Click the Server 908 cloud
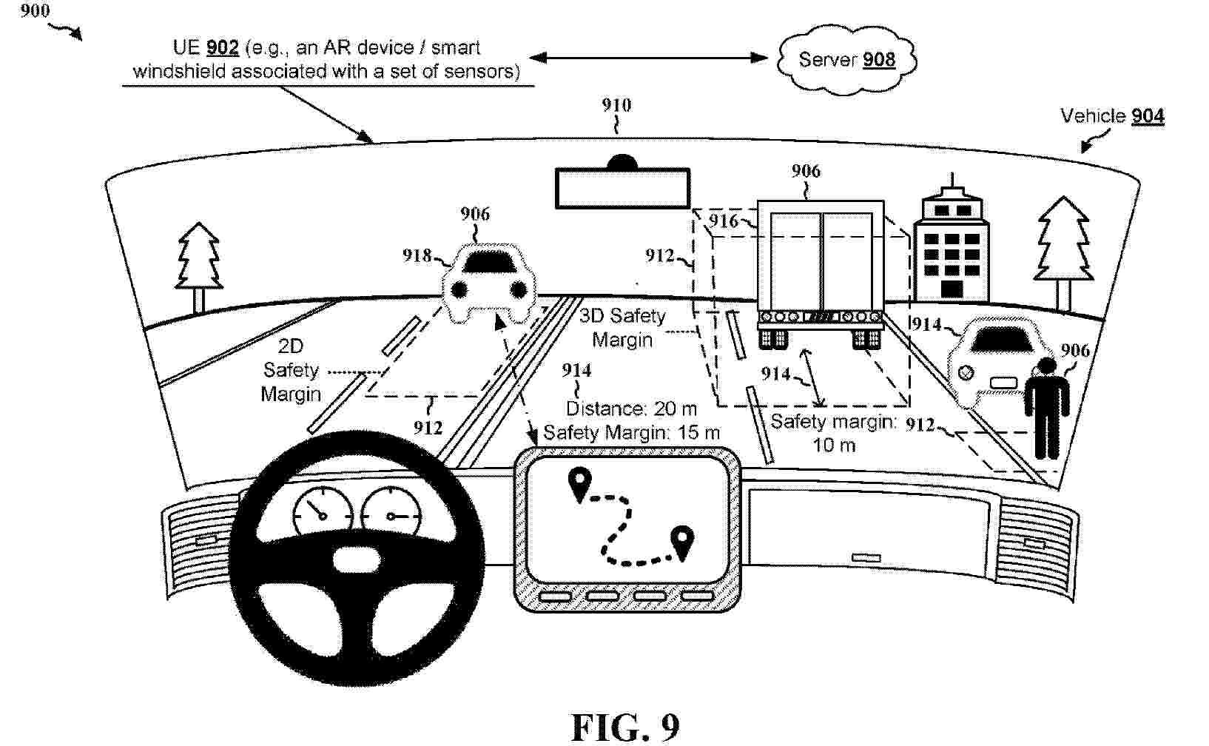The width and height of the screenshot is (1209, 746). coord(846,60)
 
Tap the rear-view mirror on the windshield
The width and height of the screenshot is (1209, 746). coord(622,187)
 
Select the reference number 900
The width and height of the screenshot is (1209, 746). coord(35,10)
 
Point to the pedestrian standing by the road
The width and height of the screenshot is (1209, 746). coord(1046,409)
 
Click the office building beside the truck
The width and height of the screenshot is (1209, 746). coord(952,243)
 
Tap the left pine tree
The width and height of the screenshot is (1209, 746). coord(198,267)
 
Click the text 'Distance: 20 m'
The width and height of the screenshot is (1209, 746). coord(631,409)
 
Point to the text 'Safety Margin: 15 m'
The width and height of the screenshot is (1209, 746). coord(631,432)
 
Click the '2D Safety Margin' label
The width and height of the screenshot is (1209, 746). coord(290,370)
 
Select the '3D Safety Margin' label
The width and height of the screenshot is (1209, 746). coord(622,328)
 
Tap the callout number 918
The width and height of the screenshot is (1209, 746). coord(417,255)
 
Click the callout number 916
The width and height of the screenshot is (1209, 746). coord(723,221)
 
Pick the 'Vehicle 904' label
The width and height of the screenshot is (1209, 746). coord(1112,116)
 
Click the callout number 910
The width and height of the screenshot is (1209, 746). coord(616,104)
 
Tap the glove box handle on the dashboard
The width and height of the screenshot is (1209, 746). coord(866,557)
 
